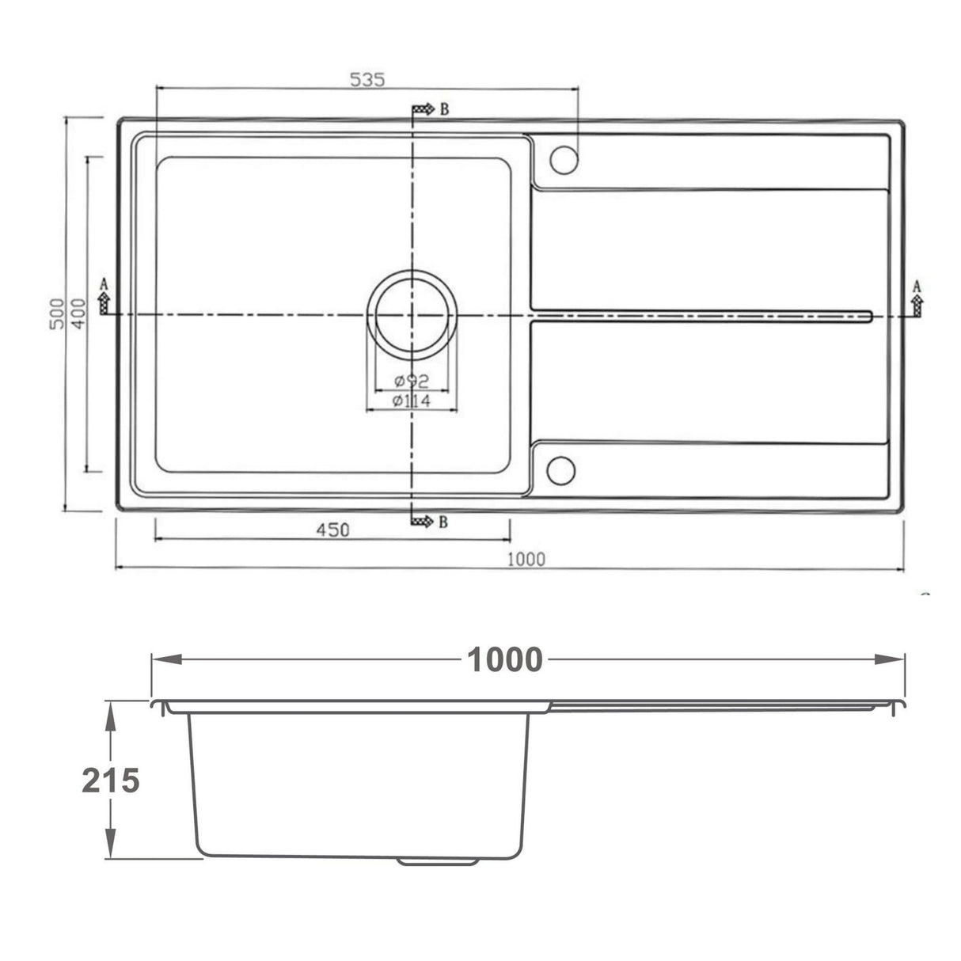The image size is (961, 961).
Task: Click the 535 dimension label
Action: tap(367, 79)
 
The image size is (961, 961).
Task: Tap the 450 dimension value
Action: tap(332, 530)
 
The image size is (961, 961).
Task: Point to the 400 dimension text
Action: tap(77, 315)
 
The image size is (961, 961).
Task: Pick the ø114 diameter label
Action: tap(411, 401)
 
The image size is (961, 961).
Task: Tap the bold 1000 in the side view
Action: tap(504, 659)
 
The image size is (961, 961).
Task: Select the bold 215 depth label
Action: tap(111, 781)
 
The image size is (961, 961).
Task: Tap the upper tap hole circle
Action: tap(564, 160)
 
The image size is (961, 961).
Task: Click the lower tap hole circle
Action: tap(562, 470)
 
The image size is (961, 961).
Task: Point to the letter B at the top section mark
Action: tap(444, 109)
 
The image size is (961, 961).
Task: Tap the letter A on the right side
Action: tap(917, 286)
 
